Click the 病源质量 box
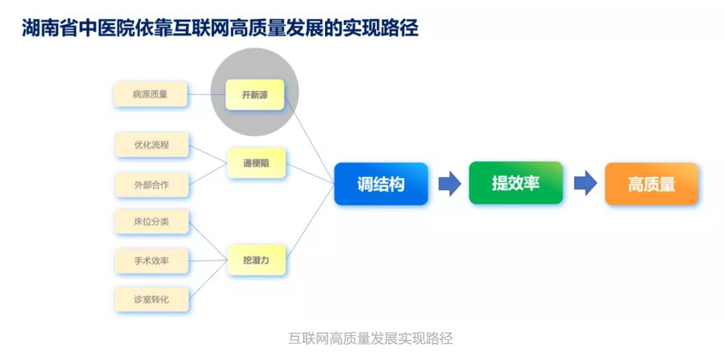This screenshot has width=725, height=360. tap(150, 95)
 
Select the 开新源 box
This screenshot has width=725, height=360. tap(255, 95)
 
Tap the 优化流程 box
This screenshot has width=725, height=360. tap(151, 145)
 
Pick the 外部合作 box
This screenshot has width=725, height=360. tap(151, 185)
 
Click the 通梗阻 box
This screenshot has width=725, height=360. tap(256, 163)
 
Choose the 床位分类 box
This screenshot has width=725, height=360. tap(151, 221)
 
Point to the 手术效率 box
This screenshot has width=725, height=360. tap(151, 261)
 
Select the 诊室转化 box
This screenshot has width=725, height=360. tap(151, 300)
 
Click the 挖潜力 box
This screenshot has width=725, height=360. tap(256, 260)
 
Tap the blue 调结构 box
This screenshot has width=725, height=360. tap(381, 184)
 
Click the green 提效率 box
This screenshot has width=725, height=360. tap(516, 182)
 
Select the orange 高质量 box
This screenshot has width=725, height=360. tap(651, 184)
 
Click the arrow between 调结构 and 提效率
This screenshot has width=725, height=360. tap(449, 184)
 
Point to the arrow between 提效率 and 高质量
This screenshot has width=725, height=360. tap(585, 183)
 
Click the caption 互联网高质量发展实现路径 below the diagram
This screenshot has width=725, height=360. tap(370, 338)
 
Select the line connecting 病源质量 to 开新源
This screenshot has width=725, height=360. tap(206, 95)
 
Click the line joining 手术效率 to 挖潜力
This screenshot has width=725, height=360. tap(207, 261)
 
